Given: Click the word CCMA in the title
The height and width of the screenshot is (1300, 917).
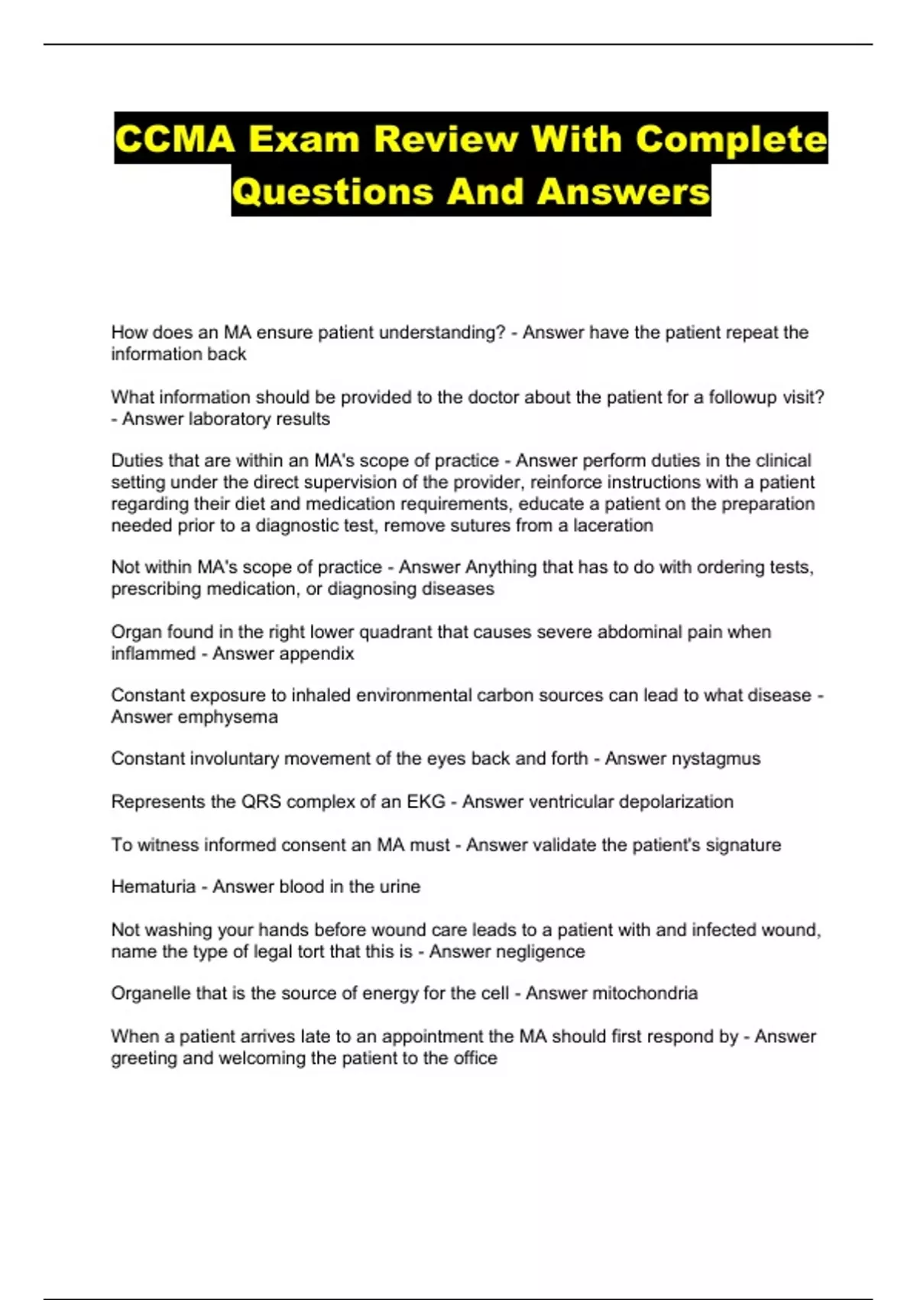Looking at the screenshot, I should coord(174,139).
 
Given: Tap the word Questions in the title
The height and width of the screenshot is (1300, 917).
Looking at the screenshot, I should coord(332,191).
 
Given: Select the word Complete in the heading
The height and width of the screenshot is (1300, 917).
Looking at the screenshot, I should coord(731,139).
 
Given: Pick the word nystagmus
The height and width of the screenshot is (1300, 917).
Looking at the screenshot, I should coord(715,759).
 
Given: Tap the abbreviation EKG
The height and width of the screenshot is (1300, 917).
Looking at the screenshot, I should coord(426,801).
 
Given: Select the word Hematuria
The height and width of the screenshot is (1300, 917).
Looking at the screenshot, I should coord(154,886).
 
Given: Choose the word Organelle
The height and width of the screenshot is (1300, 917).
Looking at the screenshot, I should coord(151,993).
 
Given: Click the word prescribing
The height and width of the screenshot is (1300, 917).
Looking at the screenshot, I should coord(157,590).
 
